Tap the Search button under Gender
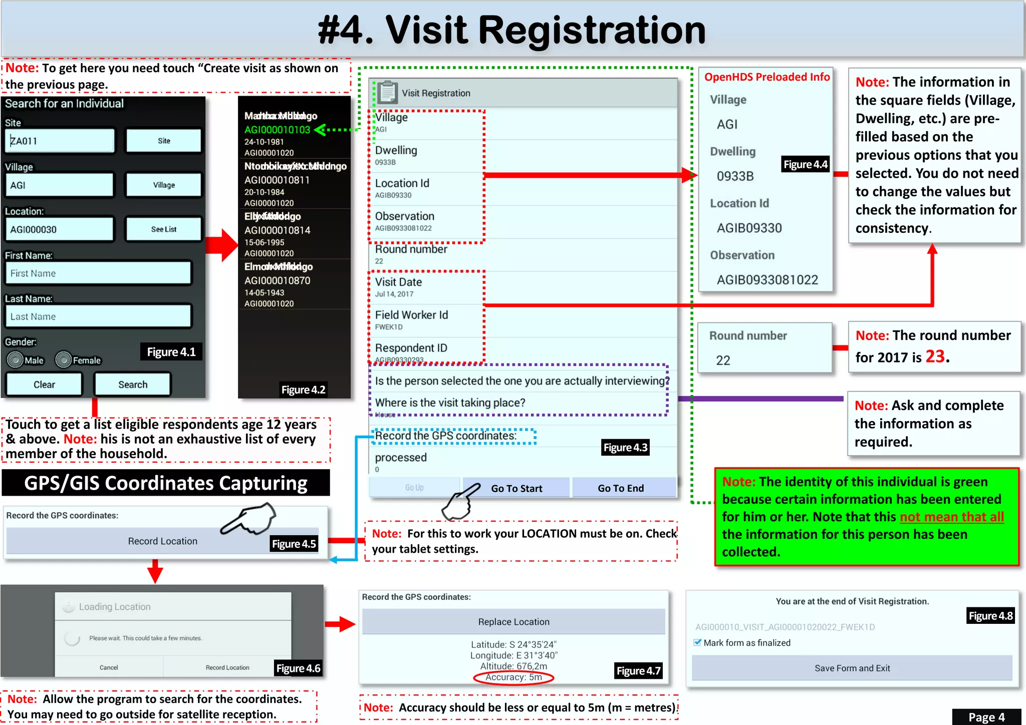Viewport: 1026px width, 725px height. pos(133,385)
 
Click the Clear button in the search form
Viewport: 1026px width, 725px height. pos(44,385)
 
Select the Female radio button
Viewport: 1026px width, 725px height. pos(64,360)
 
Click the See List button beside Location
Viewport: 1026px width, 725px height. pos(164,229)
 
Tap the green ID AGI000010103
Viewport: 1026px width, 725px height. pos(277,130)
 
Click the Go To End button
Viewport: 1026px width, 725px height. pos(621,488)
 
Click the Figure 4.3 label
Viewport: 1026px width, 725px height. pos(625,448)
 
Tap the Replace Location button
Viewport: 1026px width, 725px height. pos(514,622)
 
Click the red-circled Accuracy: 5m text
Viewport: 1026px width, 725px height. pos(514,677)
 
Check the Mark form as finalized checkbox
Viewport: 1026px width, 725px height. pos(697,642)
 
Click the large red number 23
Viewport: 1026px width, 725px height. pos(935,356)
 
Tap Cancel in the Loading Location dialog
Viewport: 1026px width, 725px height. pos(109,667)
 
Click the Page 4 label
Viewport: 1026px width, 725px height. pos(986,717)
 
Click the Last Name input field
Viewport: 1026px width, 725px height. pos(99,316)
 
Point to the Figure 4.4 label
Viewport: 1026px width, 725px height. pos(805,164)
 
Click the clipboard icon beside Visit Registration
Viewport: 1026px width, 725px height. pos(388,93)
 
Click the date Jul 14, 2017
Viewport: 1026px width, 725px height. pos(394,294)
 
